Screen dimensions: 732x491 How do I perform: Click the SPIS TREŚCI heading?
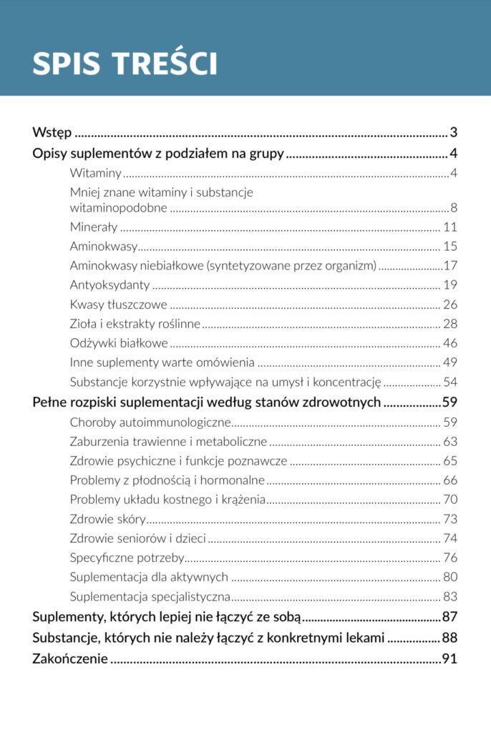125,64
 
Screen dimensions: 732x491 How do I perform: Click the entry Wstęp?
52,132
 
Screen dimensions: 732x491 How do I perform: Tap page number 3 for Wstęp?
454,132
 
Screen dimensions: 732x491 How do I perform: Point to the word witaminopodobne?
119,208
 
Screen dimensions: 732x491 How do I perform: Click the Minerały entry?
94,227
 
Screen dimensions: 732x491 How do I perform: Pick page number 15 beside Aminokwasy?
450,247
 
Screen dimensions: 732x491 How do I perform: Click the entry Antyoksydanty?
110,285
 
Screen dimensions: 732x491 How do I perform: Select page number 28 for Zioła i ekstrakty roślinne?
450,324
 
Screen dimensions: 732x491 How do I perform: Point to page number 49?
450,362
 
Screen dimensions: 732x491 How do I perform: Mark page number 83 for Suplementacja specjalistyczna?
450,596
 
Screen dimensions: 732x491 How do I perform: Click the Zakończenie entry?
70,658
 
